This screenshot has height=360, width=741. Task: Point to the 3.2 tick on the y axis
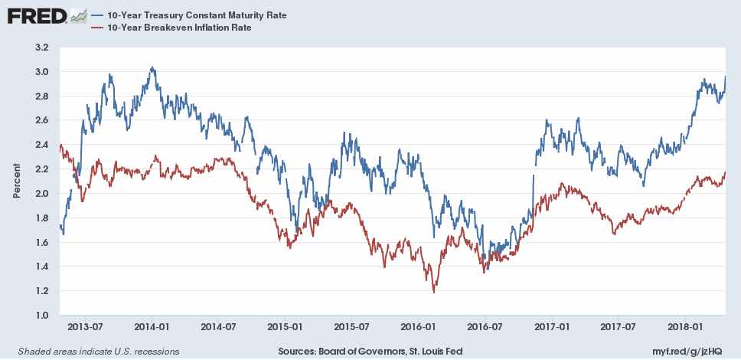(42, 47)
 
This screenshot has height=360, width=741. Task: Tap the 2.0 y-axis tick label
(42, 194)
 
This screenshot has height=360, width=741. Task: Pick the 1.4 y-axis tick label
(42, 267)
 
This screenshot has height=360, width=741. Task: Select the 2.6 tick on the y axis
(42, 120)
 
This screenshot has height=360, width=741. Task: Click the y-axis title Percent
(17, 182)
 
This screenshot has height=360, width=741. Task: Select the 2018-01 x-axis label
(685, 326)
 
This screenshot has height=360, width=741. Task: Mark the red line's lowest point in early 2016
(434, 292)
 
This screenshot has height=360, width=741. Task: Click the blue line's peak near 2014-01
(152, 67)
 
